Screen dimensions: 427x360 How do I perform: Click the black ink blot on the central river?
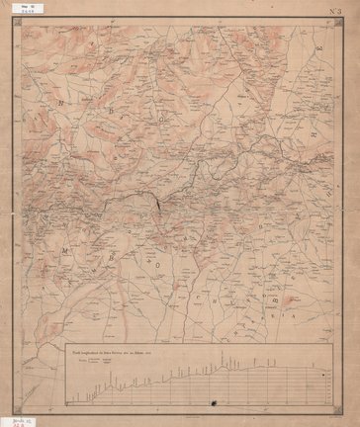(x=155, y=204)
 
